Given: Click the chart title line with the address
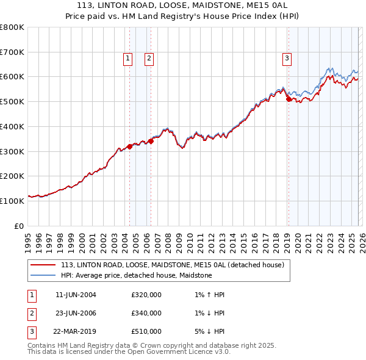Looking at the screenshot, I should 182,5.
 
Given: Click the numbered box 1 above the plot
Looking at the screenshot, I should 128,59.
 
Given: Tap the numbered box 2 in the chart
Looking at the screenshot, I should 149,59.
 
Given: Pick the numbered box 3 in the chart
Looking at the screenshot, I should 287,59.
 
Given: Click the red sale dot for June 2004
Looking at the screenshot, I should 129,146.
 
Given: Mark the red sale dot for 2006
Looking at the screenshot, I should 151,141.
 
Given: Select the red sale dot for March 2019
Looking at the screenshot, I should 289,99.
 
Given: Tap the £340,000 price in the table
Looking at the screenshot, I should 146,314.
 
